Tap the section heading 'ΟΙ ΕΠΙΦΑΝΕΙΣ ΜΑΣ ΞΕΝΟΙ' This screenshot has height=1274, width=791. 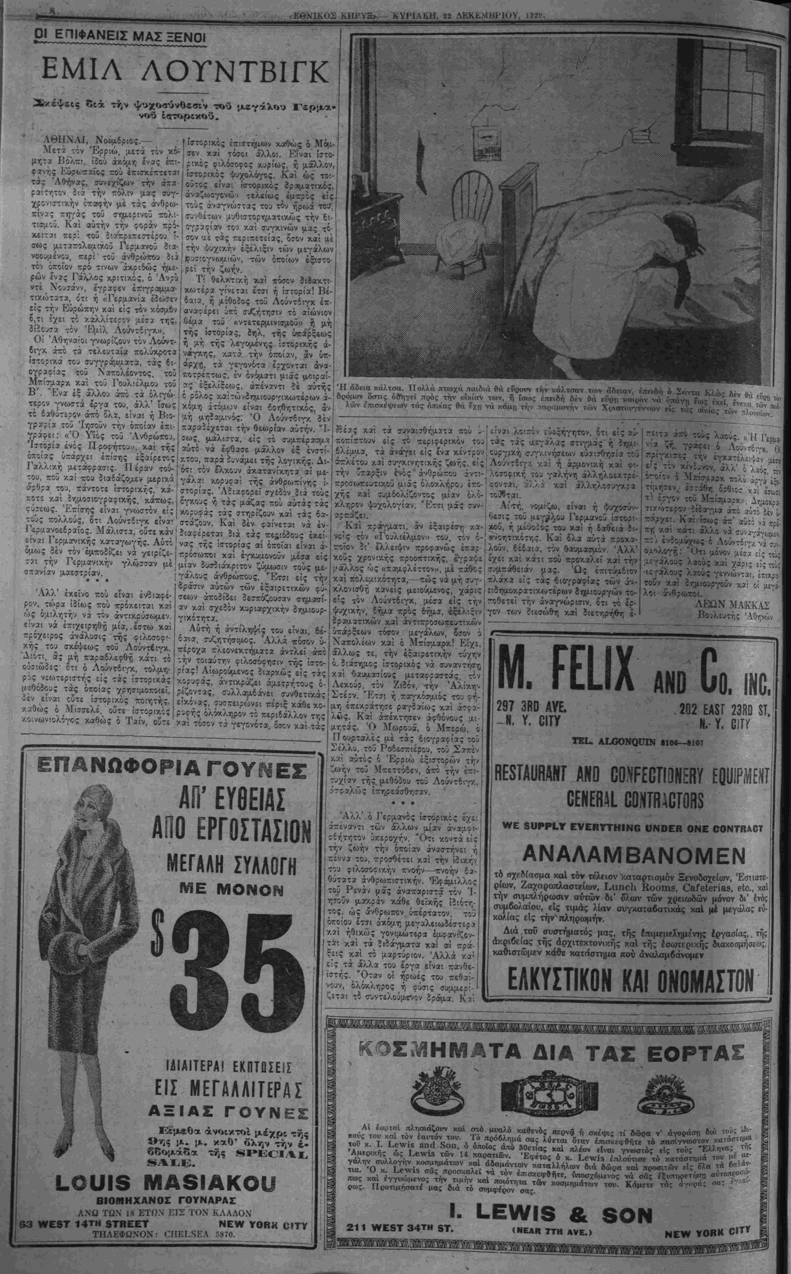[119, 38]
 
